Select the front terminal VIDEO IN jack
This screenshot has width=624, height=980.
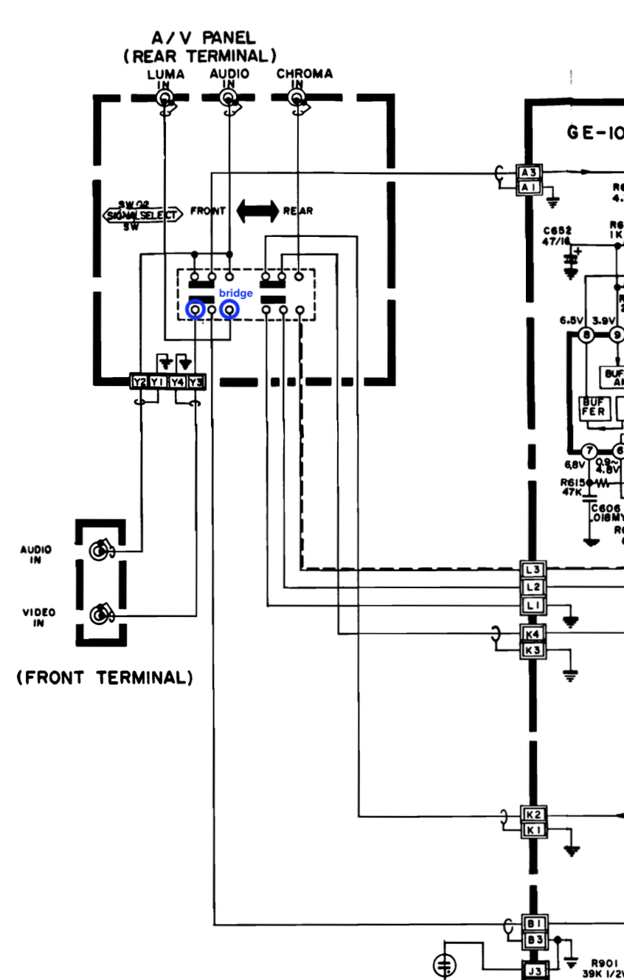(100, 614)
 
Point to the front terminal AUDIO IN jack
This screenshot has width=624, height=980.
(100, 550)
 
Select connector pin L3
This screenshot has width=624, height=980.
(533, 569)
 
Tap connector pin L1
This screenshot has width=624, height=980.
(533, 606)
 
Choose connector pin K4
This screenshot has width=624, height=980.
(533, 634)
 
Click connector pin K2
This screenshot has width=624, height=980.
(533, 815)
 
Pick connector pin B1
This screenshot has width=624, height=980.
(534, 923)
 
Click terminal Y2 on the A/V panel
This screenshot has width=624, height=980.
(139, 382)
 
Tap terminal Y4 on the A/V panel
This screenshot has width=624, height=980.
(177, 382)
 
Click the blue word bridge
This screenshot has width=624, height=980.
(235, 294)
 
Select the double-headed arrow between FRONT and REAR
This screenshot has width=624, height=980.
(257, 210)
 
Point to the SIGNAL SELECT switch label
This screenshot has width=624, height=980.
(142, 215)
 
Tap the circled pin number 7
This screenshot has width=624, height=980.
(589, 451)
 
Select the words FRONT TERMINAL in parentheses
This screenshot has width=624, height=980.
(105, 677)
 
